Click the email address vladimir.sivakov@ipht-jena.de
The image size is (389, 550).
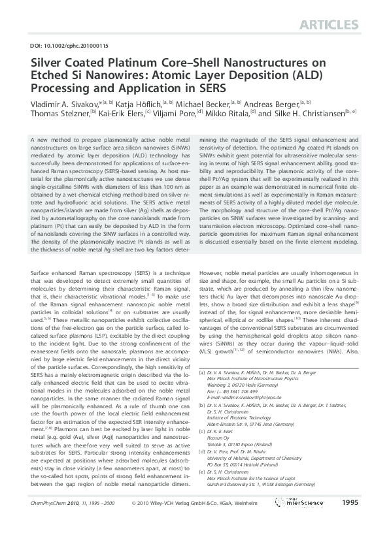(x=252, y=415)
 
